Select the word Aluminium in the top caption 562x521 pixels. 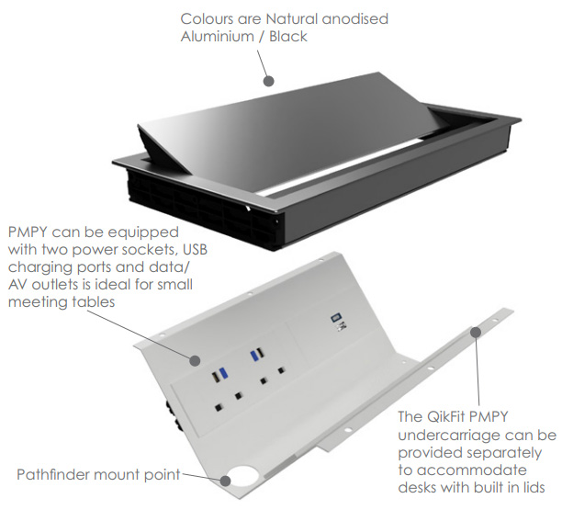pos(218,36)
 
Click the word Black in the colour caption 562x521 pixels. pos(289,36)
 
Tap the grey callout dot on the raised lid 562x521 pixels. pos(268,81)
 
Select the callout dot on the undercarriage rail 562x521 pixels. pos(476,332)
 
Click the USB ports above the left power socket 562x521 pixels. pos(217,374)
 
